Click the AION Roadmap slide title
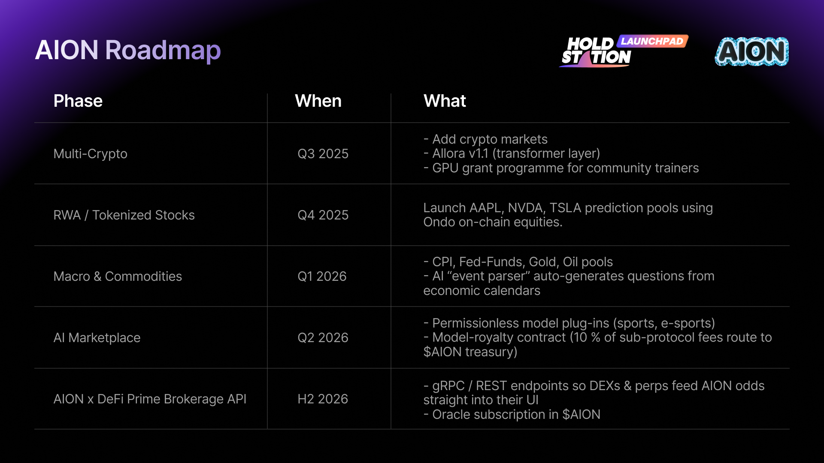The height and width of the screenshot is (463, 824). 128,51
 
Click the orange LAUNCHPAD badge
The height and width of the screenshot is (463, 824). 652,41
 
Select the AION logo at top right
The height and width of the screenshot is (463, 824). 752,51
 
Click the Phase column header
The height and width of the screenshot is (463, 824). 78,101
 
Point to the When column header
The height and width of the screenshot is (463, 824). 318,101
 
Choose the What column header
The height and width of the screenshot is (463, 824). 445,101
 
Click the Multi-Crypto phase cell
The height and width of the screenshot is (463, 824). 91,154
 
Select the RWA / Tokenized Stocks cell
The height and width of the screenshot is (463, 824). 124,215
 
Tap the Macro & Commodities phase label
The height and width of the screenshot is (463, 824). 118,276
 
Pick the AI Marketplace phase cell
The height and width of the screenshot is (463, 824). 97,338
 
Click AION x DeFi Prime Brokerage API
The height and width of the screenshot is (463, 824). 150,399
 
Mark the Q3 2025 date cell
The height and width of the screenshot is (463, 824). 323,154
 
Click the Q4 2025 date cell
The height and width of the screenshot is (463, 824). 323,215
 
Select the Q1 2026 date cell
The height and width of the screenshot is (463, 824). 322,276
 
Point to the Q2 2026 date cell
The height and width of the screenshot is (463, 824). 323,338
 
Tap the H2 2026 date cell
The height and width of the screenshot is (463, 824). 323,399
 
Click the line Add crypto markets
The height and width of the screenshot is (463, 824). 485,139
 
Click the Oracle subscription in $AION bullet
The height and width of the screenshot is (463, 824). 512,415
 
